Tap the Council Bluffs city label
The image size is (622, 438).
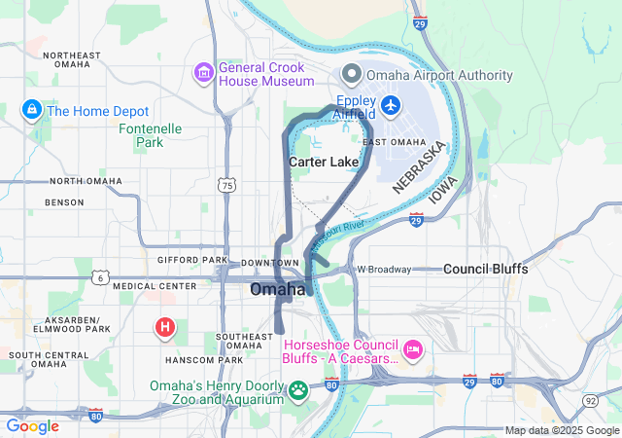pos(485,269)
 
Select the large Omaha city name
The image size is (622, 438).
pos(278,290)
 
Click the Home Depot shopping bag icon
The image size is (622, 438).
pos(31,111)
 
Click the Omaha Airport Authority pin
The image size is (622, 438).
pos(351,75)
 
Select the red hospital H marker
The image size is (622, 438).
pos(165,328)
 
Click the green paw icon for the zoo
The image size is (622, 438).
pos(298,392)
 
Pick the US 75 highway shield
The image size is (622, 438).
pos(226,184)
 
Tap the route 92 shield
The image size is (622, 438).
pos(590,400)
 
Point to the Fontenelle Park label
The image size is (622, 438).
pos(149,135)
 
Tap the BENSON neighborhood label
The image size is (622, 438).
pos(64,202)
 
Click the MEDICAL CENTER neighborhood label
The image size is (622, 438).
pos(148,286)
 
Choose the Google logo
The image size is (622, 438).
pos(33,425)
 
